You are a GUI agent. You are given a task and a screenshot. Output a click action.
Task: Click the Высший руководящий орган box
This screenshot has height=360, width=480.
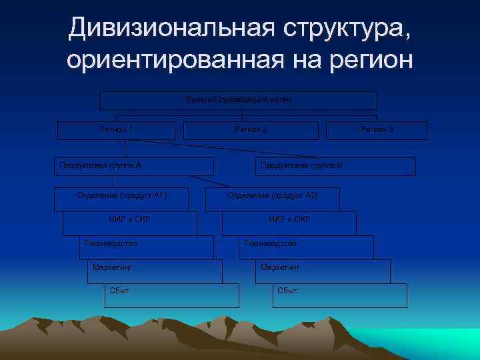pyautogui.click(x=238, y=100)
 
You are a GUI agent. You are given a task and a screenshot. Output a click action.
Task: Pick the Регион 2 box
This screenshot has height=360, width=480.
pyautogui.click(x=251, y=129)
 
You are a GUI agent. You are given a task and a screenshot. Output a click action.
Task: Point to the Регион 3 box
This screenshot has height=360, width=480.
pyautogui.click(x=377, y=129)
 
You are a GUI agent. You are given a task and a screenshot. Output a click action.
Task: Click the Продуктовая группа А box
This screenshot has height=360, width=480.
pyautogui.click(x=133, y=166)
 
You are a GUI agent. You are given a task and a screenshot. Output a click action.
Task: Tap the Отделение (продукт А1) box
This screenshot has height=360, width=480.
pyautogui.click(x=121, y=196)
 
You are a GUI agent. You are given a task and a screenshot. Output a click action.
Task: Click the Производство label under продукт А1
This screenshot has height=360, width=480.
pyautogui.click(x=111, y=244)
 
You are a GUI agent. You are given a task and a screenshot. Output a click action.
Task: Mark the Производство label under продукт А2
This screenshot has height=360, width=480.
pyautogui.click(x=270, y=244)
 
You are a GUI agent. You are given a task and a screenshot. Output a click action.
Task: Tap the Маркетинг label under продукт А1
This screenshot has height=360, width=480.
pyautogui.click(x=113, y=267)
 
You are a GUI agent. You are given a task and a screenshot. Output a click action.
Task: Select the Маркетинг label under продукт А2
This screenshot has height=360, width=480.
pyautogui.click(x=280, y=267)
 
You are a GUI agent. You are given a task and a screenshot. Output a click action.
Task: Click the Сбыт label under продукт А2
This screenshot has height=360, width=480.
pyautogui.click(x=287, y=291)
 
